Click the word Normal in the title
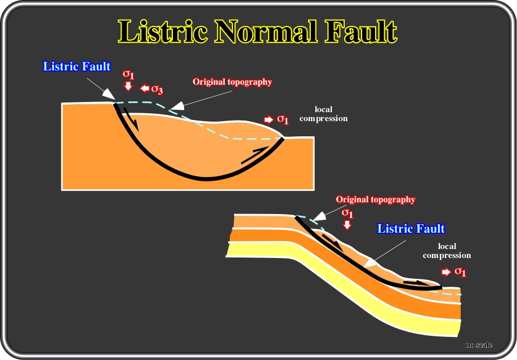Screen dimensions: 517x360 [x=266, y=32]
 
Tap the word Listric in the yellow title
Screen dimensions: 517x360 [x=163, y=32]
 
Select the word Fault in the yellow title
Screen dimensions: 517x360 [x=361, y=32]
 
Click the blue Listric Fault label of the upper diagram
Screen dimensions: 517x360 [x=77, y=66]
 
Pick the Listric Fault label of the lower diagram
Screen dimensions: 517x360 [x=411, y=228]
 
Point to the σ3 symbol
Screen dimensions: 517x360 [x=157, y=89]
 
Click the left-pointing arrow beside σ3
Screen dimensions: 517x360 [x=145, y=88]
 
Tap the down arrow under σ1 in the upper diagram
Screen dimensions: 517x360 [x=128, y=86]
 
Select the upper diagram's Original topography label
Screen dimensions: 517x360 [x=233, y=82]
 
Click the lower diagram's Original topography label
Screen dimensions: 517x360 [x=376, y=199]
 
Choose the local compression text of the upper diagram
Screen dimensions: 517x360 [x=323, y=114]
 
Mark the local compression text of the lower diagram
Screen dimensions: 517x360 [x=447, y=251]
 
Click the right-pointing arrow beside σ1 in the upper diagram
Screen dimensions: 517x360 [x=269, y=119]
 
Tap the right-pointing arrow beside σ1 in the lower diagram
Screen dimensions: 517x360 [x=446, y=272]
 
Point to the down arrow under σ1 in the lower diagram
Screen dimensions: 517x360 [x=347, y=225]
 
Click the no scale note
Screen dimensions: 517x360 [x=479, y=345]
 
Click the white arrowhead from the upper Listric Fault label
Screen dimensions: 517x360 [x=108, y=94]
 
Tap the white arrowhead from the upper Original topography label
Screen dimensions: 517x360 [x=177, y=105]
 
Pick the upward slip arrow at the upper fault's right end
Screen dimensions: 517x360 [x=255, y=155]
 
